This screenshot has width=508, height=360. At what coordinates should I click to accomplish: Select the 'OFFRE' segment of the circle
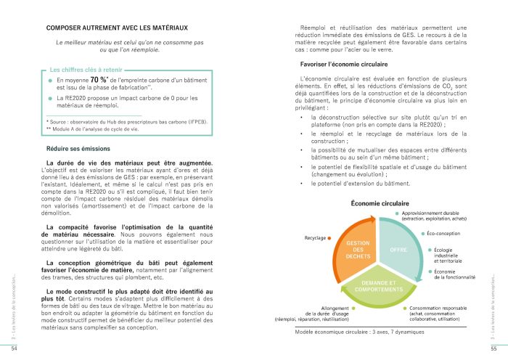pyautogui.click(x=399, y=250)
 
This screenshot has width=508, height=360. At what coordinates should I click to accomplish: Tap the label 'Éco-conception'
pyautogui.click(x=446, y=234)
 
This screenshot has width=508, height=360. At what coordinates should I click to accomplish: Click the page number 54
pyautogui.click(x=13, y=349)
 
